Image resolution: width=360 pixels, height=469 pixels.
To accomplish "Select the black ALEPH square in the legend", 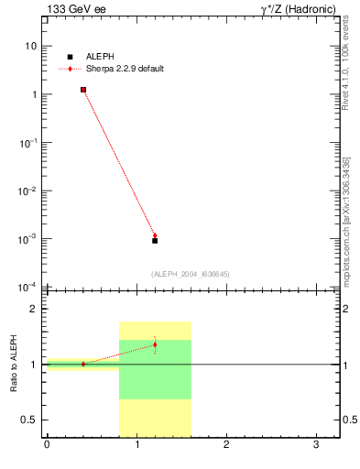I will [x=70, y=57].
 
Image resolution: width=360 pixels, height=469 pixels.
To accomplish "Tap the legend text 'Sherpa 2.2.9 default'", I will [x=125, y=69].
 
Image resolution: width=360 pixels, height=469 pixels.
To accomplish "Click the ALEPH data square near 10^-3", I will [x=155, y=241].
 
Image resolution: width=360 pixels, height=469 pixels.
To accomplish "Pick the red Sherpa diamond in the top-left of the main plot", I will [x=83, y=90].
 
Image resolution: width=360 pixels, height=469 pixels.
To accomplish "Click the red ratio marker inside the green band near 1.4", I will [x=155, y=344].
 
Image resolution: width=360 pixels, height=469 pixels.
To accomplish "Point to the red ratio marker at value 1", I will [x=83, y=364].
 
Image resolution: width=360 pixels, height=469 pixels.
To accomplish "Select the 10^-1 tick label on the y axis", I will [x=28, y=143].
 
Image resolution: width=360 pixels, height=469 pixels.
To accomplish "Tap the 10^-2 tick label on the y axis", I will [x=28, y=191].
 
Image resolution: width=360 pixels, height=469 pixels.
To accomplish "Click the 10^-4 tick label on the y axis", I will [x=28, y=288].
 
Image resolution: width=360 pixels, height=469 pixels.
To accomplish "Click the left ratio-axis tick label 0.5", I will [x=29, y=420].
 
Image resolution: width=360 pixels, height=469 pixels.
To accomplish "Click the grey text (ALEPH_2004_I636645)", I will [x=191, y=274].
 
